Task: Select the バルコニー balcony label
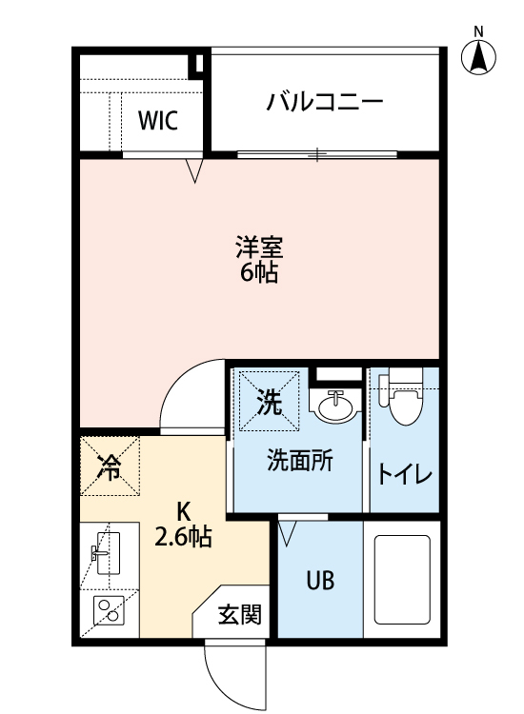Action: [x=325, y=100]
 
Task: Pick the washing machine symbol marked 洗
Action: [x=268, y=403]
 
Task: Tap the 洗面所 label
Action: [x=299, y=461]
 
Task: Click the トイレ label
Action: [x=405, y=473]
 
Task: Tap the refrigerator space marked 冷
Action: [x=110, y=466]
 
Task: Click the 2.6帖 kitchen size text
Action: [x=183, y=538]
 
